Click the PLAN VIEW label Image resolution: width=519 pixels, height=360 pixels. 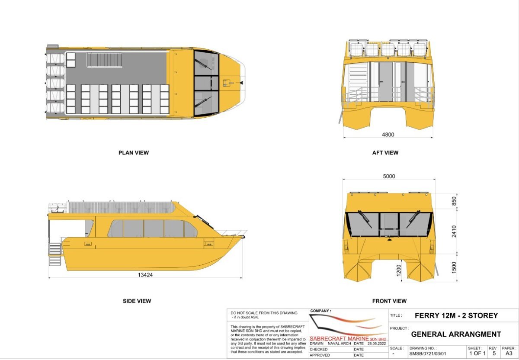134,153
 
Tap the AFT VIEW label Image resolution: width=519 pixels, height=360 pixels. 385,153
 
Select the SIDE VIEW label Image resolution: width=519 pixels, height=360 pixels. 137,301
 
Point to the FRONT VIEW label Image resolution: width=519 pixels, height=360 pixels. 389,301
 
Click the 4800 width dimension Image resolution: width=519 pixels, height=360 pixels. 388,135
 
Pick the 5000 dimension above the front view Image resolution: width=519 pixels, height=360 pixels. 389,176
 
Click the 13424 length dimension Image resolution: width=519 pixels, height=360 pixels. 145,275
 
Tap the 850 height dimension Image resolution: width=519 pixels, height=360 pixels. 454,201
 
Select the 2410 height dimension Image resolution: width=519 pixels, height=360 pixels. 454,231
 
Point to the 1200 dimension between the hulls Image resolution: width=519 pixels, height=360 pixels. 398,270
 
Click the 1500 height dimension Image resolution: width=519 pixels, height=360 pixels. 454,267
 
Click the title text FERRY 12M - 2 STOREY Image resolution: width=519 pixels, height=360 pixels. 456,315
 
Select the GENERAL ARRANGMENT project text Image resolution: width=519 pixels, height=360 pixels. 456,334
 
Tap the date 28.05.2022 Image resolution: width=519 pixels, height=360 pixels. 377,343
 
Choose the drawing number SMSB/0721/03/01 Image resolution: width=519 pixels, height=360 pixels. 427,354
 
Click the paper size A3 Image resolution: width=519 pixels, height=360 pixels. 509,353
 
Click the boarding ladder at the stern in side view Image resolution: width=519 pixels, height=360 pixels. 55,254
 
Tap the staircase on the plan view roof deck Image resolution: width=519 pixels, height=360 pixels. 105,60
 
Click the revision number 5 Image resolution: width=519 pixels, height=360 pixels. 494,353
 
